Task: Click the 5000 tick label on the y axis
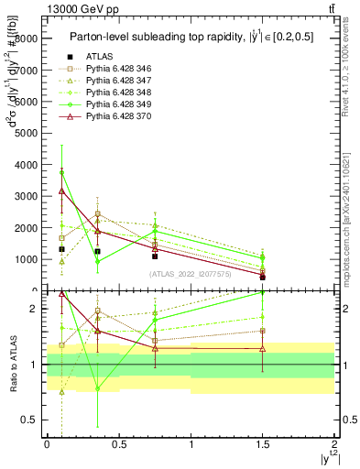pos(26,133)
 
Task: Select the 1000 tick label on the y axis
pos(26,259)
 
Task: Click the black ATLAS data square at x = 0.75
pos(155,256)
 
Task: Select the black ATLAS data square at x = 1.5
pos(263,277)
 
